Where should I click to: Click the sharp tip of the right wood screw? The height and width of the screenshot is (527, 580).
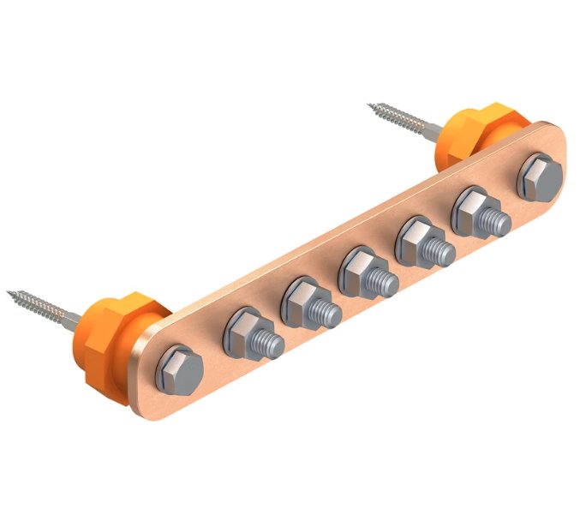coord(370,106)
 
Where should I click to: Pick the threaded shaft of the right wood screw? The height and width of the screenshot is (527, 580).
coord(403,120)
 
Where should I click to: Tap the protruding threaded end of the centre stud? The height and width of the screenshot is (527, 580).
coord(386,280)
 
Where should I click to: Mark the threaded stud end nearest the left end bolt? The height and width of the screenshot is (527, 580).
coord(272,341)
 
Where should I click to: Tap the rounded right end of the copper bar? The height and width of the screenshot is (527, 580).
coord(561,154)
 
